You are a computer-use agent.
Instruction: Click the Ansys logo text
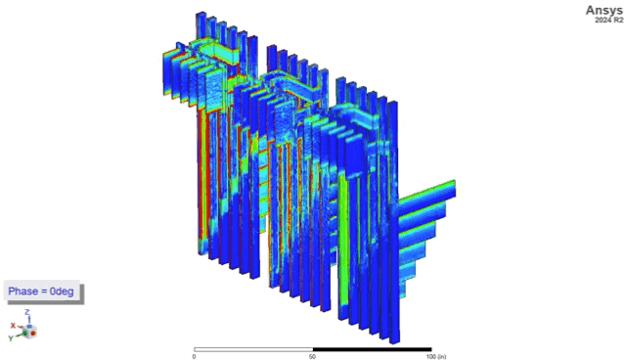[604, 11]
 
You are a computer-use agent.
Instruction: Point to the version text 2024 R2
[608, 20]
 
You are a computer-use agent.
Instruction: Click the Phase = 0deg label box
[41, 292]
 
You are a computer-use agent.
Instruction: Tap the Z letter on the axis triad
[27, 312]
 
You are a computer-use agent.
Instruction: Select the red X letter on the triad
[13, 326]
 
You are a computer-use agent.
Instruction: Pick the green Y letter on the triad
[11, 338]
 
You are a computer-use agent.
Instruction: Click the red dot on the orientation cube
[33, 333]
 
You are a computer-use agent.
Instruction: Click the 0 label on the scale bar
[194, 356]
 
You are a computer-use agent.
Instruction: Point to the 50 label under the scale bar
[313, 356]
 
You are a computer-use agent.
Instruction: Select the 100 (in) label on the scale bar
[435, 356]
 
